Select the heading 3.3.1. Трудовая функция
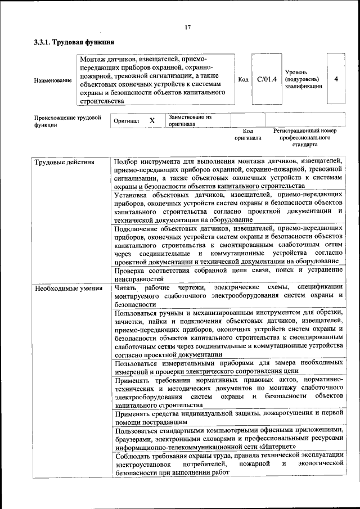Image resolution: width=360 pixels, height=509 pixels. pyautogui.click(x=74, y=42)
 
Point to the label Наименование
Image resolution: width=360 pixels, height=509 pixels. pyautogui.click(x=53, y=80)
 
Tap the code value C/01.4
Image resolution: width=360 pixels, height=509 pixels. pyautogui.click(x=267, y=79)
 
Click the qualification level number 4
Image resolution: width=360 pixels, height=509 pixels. pyautogui.click(x=336, y=79)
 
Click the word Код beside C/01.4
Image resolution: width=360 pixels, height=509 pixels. pyautogui.click(x=243, y=79)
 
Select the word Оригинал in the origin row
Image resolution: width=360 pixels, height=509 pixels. pyautogui.click(x=127, y=121)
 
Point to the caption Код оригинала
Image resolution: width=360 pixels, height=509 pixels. pyautogui.click(x=248, y=134)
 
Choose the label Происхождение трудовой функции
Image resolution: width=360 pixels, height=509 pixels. pyautogui.click(x=67, y=121)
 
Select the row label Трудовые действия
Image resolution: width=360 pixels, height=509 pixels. pyautogui.click(x=64, y=163)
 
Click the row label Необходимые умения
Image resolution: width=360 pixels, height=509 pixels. pyautogui.click(x=68, y=289)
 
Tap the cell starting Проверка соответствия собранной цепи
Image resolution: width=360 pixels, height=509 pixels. pyautogui.click(x=228, y=273)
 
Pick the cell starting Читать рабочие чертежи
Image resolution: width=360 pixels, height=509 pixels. pyautogui.click(x=228, y=295)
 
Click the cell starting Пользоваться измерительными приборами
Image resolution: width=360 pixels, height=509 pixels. pyautogui.click(x=228, y=367)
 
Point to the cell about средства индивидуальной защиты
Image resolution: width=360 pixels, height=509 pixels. pyautogui.click(x=228, y=417)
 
